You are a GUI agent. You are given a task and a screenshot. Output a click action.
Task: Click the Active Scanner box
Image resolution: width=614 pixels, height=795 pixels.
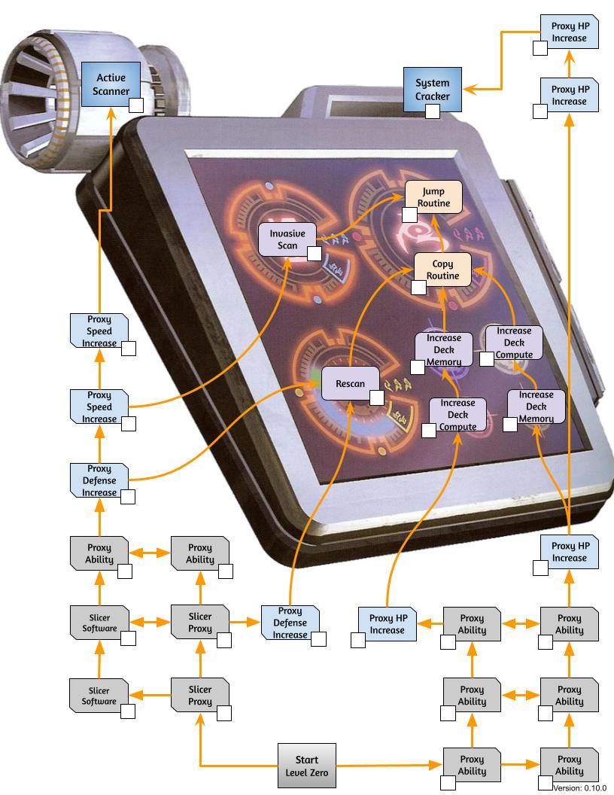[x=111, y=84]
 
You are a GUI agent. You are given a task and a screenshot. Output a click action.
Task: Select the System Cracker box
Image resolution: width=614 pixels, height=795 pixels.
[x=432, y=90]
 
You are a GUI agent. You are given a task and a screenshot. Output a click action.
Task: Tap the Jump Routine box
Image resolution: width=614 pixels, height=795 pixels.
[x=433, y=196]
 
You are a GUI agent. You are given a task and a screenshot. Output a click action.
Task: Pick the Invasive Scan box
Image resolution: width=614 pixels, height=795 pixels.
[x=287, y=239]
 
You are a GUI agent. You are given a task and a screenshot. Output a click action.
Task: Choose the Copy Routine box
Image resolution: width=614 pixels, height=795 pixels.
[x=442, y=270]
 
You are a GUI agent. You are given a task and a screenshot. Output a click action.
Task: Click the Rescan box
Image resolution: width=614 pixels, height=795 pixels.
[x=350, y=383]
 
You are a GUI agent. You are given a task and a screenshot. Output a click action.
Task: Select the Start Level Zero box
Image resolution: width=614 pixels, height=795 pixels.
[x=306, y=766]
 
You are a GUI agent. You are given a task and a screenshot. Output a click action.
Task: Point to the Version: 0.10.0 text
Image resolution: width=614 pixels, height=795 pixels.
[x=579, y=788]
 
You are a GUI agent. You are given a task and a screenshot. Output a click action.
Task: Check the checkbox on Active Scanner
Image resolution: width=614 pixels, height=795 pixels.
[x=136, y=105]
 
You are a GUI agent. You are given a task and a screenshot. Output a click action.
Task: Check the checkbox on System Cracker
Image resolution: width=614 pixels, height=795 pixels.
[x=432, y=111]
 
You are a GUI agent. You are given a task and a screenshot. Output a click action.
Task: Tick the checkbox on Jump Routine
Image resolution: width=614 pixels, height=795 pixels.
[x=409, y=215]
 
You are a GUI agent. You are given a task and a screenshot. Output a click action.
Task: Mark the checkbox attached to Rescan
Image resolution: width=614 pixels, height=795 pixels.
[x=376, y=398]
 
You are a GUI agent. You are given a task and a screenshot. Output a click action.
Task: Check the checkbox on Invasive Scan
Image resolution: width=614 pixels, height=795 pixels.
[x=314, y=254]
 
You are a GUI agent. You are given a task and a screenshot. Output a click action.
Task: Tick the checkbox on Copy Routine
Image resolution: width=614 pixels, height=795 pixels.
[x=418, y=288]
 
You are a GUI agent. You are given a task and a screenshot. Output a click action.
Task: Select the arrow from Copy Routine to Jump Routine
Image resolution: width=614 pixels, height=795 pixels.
[x=439, y=233]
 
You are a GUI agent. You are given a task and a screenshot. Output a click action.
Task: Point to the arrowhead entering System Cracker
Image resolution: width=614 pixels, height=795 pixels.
[x=470, y=90]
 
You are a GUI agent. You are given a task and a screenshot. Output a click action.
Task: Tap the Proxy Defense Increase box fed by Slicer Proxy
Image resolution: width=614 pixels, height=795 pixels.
[x=290, y=623]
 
